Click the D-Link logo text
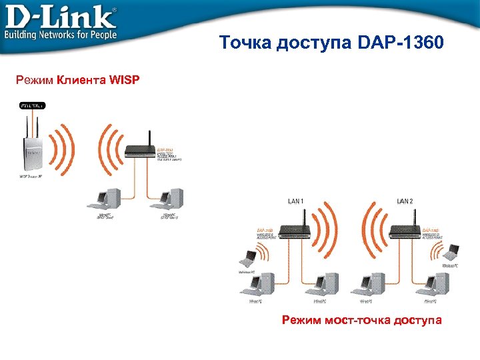(60, 17)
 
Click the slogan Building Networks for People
(62, 34)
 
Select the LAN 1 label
(297, 201)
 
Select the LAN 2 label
(405, 201)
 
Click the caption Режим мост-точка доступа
(361, 321)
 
